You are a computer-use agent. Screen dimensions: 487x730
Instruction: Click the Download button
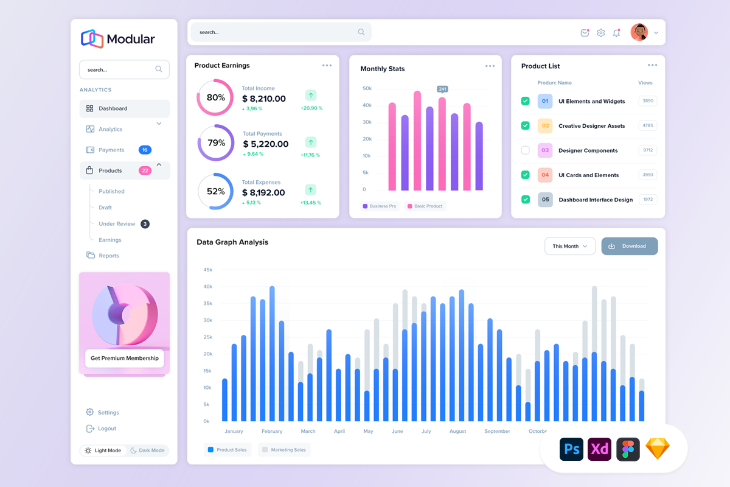pyautogui.click(x=630, y=246)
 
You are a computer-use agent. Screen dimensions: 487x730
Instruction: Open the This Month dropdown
pyautogui.click(x=569, y=246)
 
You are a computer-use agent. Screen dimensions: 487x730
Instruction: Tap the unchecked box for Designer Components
pyautogui.click(x=526, y=150)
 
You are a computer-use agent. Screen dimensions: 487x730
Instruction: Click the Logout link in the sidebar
pyautogui.click(x=106, y=429)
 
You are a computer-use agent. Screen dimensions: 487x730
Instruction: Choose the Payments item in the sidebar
pyautogui.click(x=111, y=150)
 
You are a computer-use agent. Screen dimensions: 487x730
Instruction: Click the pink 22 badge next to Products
pyautogui.click(x=145, y=170)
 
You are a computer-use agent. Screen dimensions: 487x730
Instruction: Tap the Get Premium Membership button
pyautogui.click(x=125, y=358)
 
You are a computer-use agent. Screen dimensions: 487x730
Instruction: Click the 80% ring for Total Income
pyautogui.click(x=215, y=97)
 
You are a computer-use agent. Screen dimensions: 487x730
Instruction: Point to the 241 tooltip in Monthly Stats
pyautogui.click(x=442, y=89)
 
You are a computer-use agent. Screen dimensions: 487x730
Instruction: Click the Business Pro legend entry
pyautogui.click(x=380, y=206)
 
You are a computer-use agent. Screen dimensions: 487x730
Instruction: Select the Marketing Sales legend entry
pyautogui.click(x=284, y=450)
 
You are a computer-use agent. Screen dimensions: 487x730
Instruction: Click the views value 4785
pyautogui.click(x=647, y=125)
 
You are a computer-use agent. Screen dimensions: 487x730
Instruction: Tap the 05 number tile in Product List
pyautogui.click(x=545, y=200)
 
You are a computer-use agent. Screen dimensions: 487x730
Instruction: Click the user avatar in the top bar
pyautogui.click(x=639, y=32)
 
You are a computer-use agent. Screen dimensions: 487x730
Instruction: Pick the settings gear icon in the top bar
pyautogui.click(x=601, y=33)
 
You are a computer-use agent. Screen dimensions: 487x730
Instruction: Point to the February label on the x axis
pyautogui.click(x=272, y=432)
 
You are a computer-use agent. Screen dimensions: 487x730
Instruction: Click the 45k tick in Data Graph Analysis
pyautogui.click(x=207, y=270)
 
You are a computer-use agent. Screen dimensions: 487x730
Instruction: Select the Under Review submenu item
pyautogui.click(x=117, y=224)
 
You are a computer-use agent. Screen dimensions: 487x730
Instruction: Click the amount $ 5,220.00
pyautogui.click(x=266, y=144)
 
